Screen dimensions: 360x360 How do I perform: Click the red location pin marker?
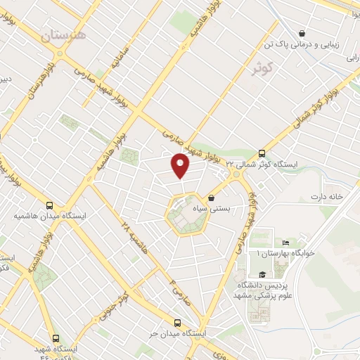pos(181,165)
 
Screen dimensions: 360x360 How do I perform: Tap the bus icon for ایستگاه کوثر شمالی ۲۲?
pos(262,153)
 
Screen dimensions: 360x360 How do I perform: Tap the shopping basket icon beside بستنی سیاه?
pos(212,199)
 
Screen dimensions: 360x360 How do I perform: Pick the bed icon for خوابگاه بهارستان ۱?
pos(285,243)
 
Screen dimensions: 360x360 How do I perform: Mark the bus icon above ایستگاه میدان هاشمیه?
pos(49,205)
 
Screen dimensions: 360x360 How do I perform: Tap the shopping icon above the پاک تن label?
pos(302,32)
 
